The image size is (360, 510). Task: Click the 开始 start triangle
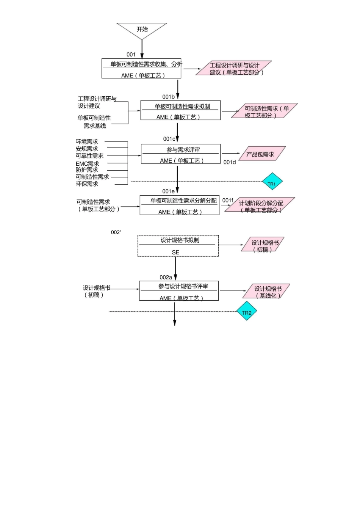tap(142, 30)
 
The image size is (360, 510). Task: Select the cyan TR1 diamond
tap(272, 182)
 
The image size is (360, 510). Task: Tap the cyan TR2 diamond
tap(247, 311)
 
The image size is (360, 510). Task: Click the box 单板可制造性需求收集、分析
tap(141, 68)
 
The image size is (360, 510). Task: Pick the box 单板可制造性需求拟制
tap(180, 110)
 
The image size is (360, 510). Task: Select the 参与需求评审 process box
tap(180, 154)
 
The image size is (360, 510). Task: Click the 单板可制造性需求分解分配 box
tap(179, 205)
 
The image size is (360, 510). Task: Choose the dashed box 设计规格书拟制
tap(178, 246)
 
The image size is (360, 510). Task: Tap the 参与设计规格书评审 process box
tap(179, 291)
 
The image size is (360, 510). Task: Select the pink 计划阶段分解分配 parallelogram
tap(260, 205)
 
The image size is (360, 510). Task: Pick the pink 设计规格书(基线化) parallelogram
tap(267, 291)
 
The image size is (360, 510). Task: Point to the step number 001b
tap(168, 97)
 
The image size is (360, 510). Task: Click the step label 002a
tap(166, 277)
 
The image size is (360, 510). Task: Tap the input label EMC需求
tap(87, 163)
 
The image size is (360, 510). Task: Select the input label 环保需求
tap(87, 184)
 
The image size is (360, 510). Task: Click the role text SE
tap(175, 252)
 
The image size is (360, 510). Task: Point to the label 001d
tap(229, 162)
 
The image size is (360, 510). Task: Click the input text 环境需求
tap(87, 141)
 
